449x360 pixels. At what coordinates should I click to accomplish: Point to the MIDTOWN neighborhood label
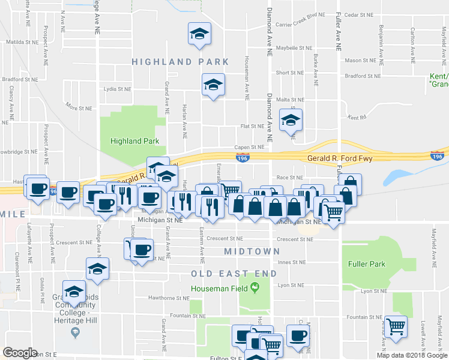pyautogui.click(x=252, y=251)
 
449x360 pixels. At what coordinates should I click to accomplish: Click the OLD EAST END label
pyautogui.click(x=234, y=274)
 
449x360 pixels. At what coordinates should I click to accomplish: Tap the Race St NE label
pyautogui.click(x=290, y=178)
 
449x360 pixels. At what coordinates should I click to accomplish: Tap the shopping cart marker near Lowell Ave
pyautogui.click(x=396, y=327)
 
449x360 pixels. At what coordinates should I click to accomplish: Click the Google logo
pyautogui.click(x=20, y=353)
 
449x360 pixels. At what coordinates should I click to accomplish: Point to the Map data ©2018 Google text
pyautogui.click(x=411, y=355)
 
